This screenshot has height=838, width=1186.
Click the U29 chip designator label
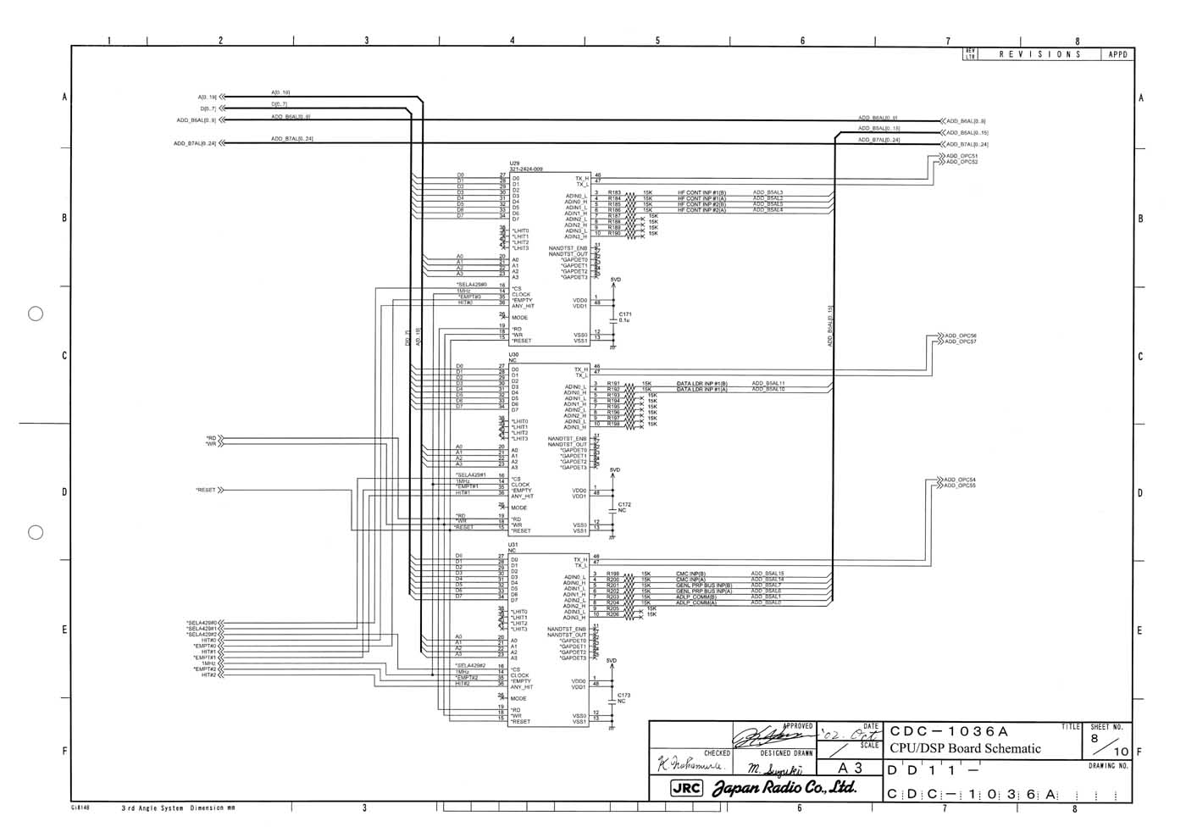514,164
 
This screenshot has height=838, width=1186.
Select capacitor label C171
625,314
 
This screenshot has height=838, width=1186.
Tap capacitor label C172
624,505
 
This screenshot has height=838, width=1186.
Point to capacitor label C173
623,696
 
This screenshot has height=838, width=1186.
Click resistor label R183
614,193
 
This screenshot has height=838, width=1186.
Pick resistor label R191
613,384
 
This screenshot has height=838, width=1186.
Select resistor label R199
612,574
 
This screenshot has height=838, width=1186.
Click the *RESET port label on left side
206,490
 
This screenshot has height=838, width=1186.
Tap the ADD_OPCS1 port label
962,156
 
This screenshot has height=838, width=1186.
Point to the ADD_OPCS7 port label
961,341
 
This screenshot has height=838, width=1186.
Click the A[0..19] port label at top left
208,97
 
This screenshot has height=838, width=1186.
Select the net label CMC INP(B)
690,574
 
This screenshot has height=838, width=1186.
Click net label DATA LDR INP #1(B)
701,384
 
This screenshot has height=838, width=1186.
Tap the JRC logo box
686,788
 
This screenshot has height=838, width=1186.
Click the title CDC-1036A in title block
949,731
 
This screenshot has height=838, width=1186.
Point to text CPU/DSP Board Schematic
965,748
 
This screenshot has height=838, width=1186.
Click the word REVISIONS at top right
1040,54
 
